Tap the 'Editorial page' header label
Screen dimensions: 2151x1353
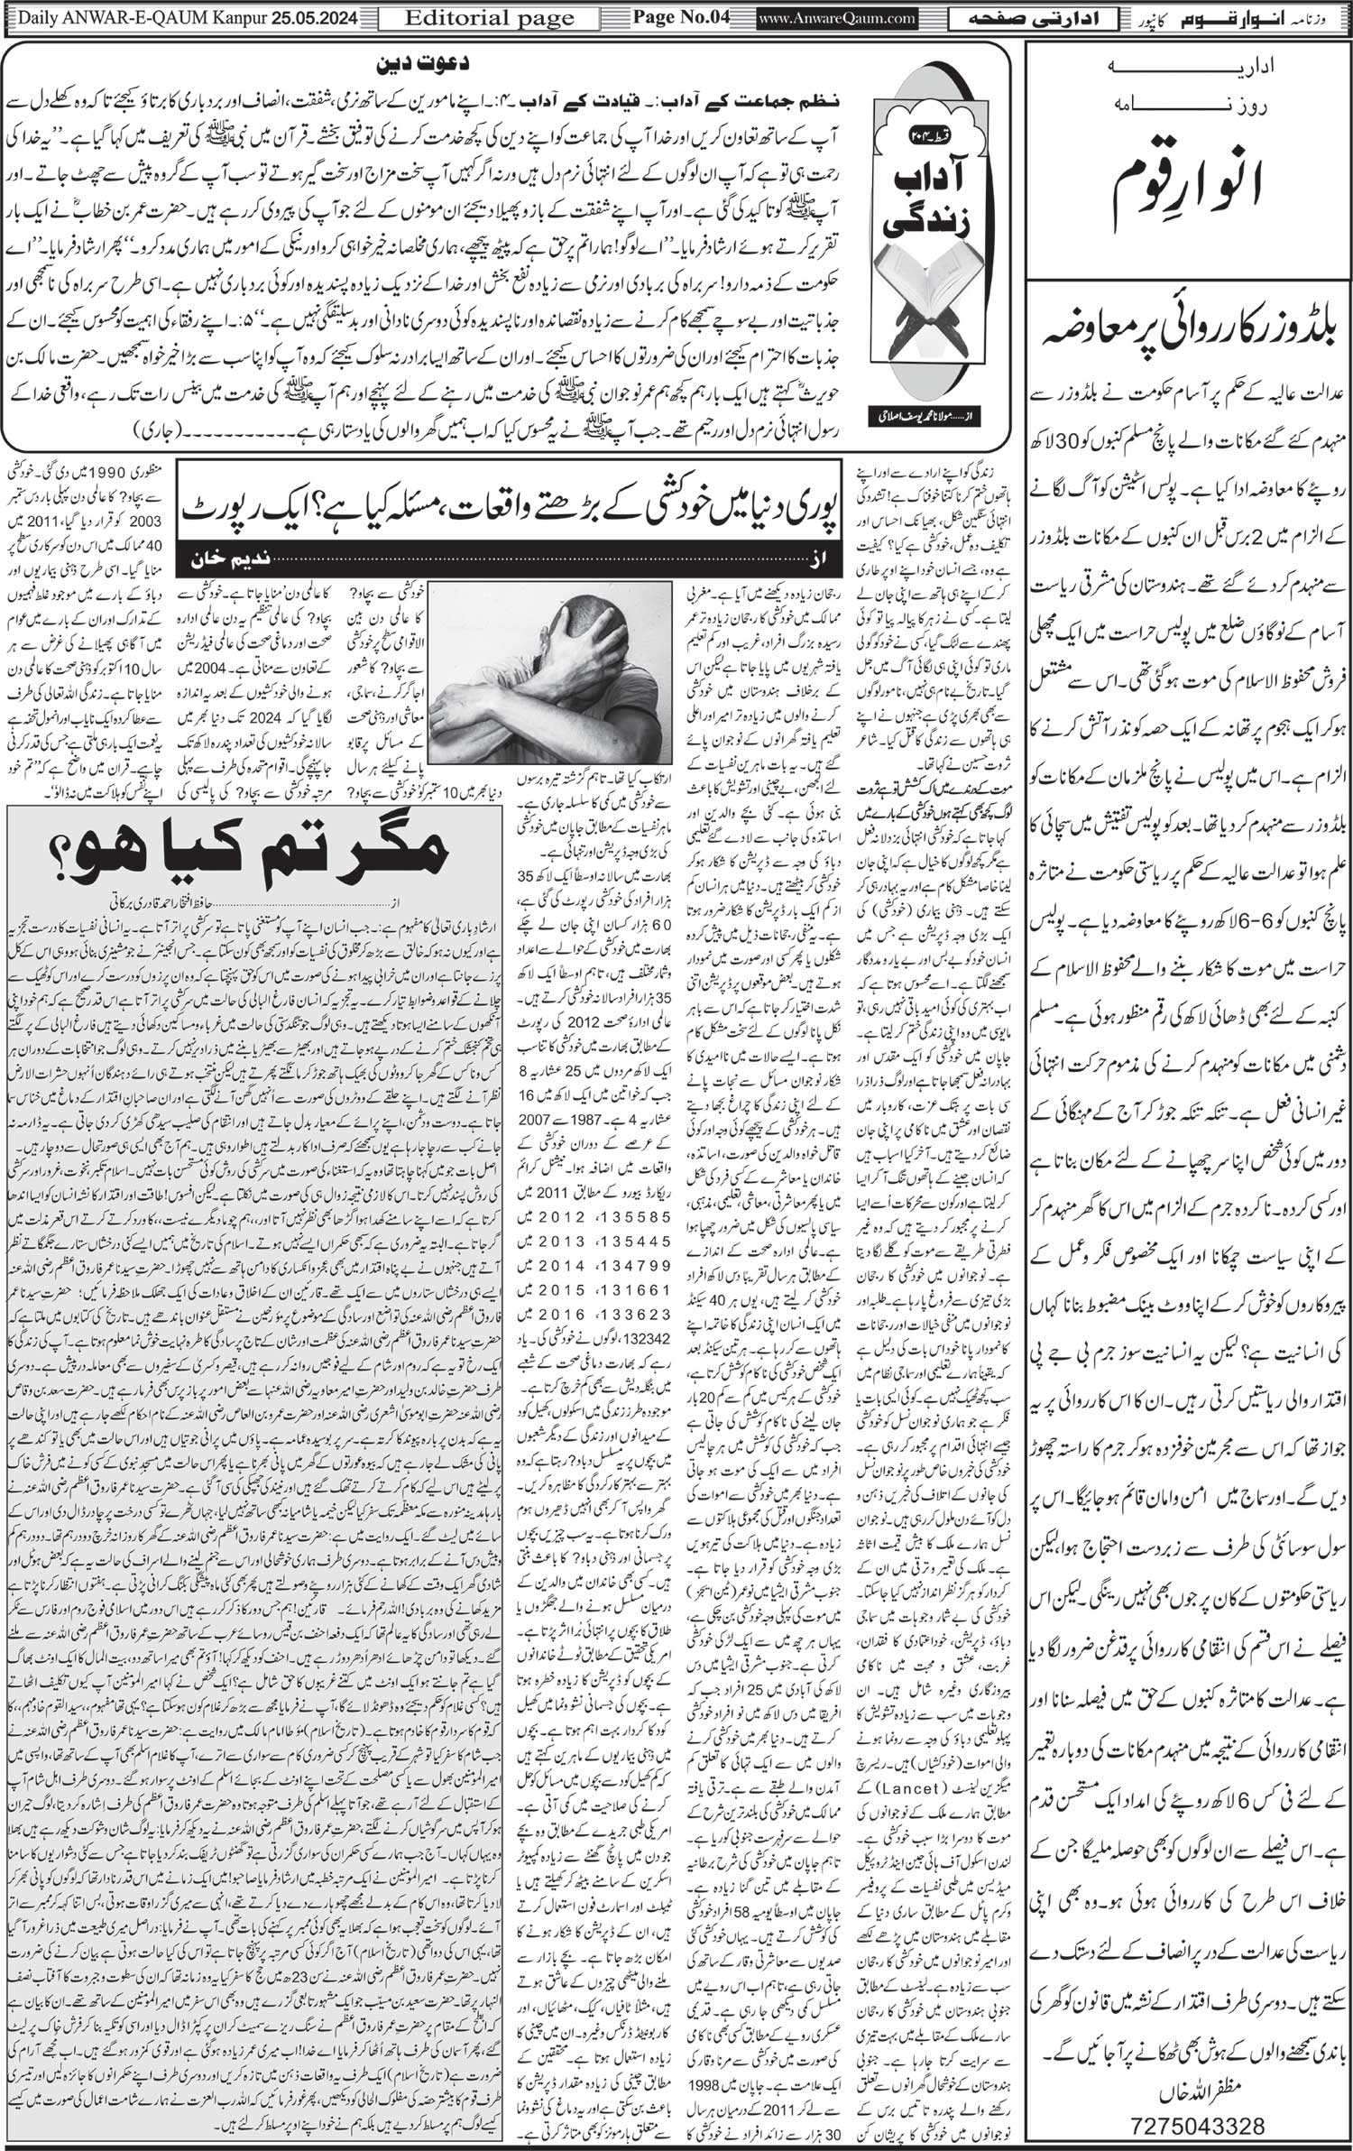click(x=490, y=17)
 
